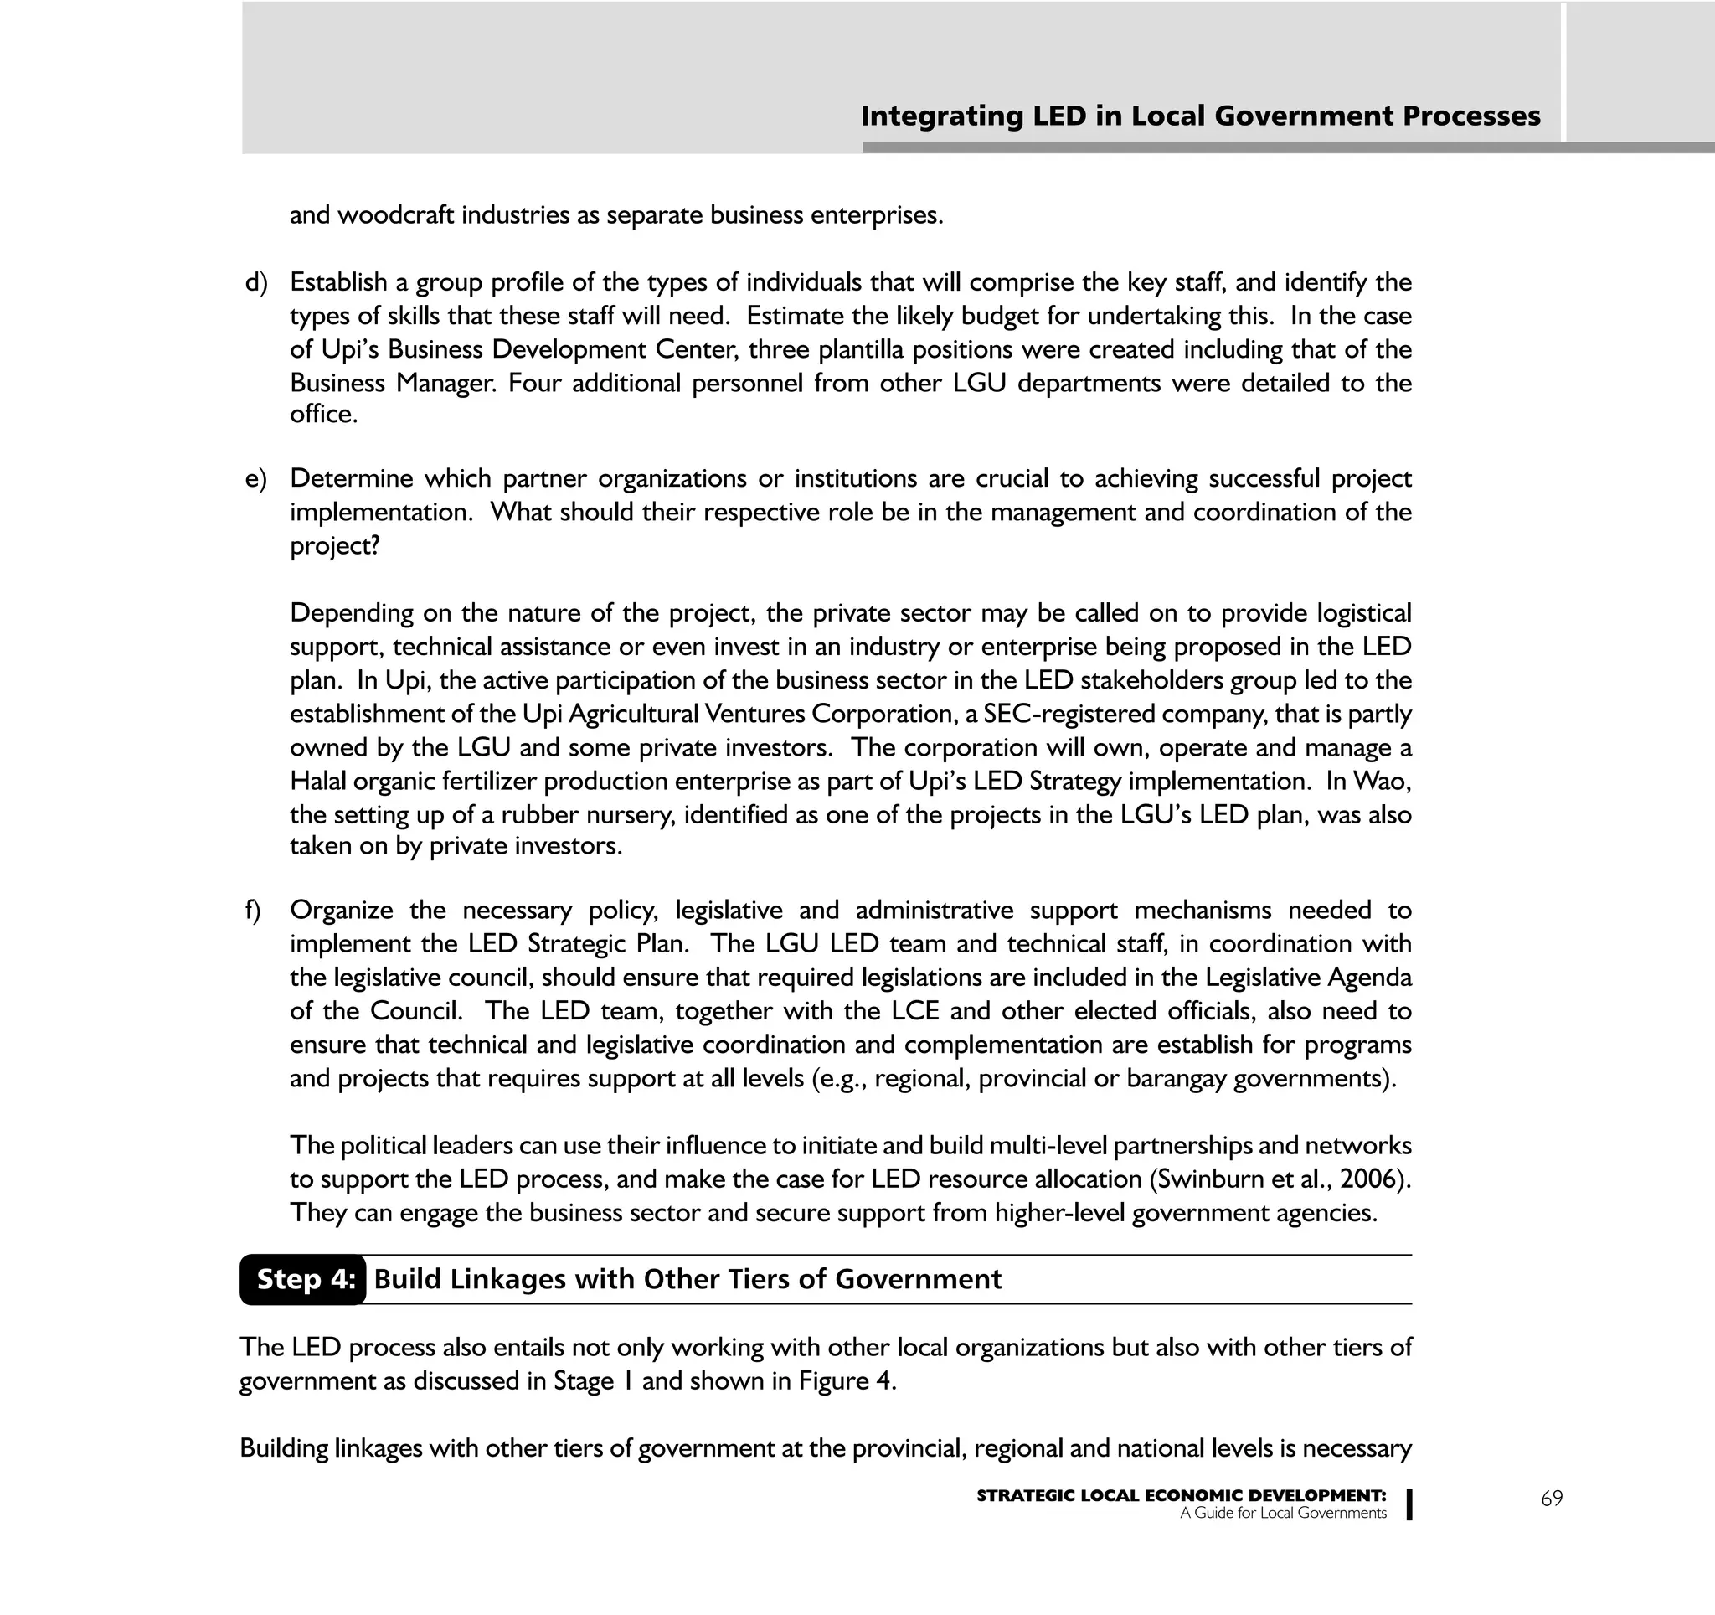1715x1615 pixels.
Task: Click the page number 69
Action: pos(1551,1499)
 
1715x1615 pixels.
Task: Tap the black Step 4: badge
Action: pos(304,1278)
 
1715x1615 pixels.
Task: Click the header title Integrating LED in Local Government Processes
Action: pos(1200,116)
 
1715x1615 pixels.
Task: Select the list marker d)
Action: pos(256,283)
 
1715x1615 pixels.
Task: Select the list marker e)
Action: pos(256,479)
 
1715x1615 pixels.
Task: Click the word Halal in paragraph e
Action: pos(317,782)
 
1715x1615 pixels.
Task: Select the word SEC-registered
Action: pos(1063,715)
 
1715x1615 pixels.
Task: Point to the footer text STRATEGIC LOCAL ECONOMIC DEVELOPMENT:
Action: pos(1181,1496)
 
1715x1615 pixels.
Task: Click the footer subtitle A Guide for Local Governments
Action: pos(1283,1513)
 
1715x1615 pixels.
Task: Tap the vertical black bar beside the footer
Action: pos(1409,1504)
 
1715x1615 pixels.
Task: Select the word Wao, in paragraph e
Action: pos(1382,782)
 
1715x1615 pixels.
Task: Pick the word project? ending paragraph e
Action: pos(335,546)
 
